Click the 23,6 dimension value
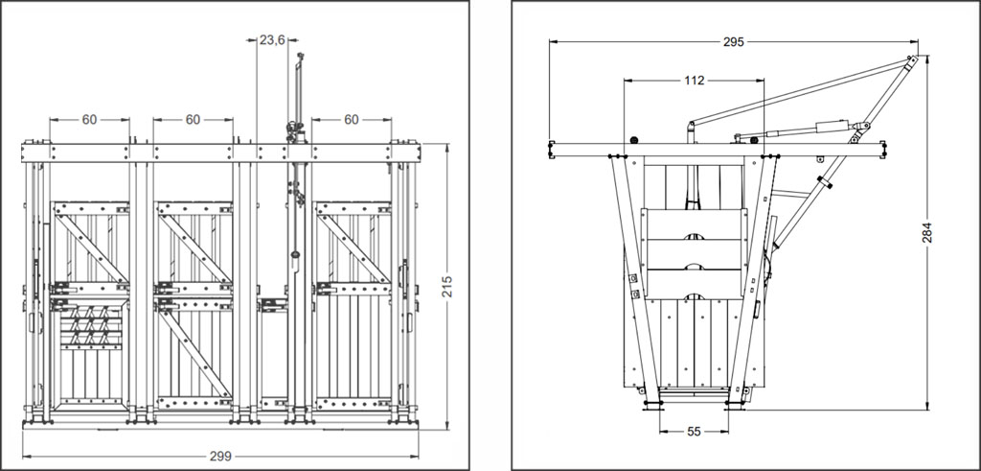(x=273, y=39)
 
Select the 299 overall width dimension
(x=220, y=456)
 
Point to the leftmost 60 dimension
(x=89, y=120)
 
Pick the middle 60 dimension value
(x=193, y=120)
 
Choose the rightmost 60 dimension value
(x=352, y=120)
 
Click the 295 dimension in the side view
(x=733, y=41)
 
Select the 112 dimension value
(x=695, y=81)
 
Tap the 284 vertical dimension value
(x=926, y=233)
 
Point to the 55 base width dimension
(x=695, y=432)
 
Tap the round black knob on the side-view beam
(x=633, y=139)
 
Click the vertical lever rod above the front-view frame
(x=298, y=91)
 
